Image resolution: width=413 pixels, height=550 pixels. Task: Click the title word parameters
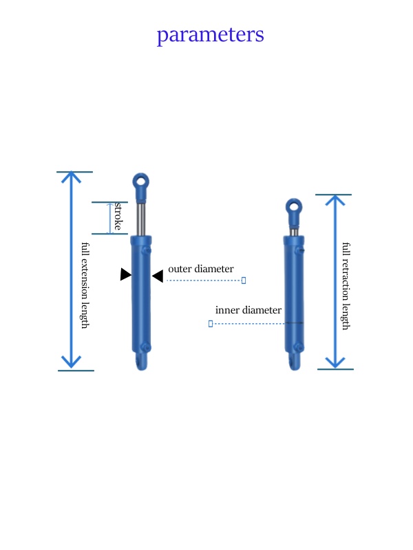click(x=210, y=34)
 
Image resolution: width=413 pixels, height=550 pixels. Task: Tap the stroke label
click(x=118, y=217)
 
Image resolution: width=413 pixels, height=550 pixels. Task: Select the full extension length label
click(x=85, y=285)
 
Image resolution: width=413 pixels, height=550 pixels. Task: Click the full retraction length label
click(x=346, y=285)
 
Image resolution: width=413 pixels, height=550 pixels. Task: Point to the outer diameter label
click(x=201, y=269)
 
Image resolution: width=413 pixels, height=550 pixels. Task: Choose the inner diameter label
click(x=248, y=310)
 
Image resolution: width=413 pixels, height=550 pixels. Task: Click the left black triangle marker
click(x=125, y=274)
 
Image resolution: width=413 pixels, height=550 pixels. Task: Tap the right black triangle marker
click(x=158, y=276)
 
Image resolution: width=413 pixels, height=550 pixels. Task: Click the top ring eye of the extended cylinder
click(x=141, y=184)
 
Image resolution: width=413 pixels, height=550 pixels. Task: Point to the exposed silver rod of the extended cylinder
click(x=141, y=219)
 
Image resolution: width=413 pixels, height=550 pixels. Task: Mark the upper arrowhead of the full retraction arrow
click(x=335, y=201)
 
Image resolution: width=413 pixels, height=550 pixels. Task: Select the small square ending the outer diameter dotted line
click(x=244, y=280)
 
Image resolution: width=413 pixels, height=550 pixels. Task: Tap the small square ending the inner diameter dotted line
click(x=210, y=323)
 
